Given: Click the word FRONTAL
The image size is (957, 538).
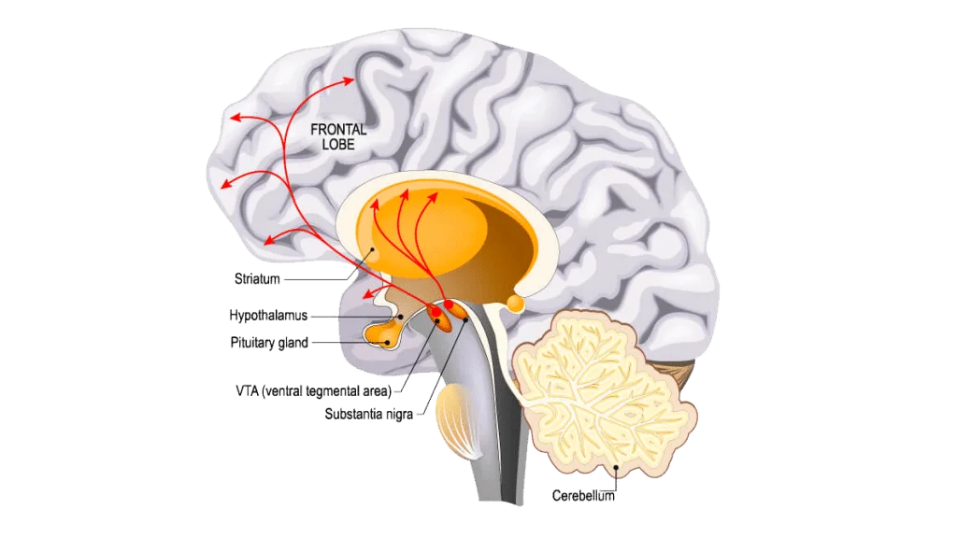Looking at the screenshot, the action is (x=338, y=129).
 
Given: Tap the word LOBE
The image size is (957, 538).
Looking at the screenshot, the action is (x=338, y=145).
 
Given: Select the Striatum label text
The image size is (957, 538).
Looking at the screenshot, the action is (x=257, y=278).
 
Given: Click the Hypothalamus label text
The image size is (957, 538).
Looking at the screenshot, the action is (x=268, y=316).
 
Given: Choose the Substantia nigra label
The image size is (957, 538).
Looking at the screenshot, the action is (x=368, y=414).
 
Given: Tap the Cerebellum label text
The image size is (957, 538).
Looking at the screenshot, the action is (x=583, y=496).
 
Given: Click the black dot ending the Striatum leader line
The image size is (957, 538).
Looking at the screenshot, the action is (x=372, y=249).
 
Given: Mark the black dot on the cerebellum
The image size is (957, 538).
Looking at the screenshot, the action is (x=617, y=468).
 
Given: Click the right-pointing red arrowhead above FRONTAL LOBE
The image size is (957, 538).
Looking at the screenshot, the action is (x=350, y=80).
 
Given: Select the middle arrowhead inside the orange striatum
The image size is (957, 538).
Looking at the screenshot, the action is (x=404, y=194).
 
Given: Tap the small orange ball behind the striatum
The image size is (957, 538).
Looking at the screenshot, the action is (x=516, y=304).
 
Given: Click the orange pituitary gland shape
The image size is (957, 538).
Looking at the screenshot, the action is (x=381, y=334).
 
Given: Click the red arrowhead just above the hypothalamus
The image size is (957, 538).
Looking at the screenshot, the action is (x=368, y=294).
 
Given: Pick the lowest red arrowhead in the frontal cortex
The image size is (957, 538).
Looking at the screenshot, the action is (x=269, y=240).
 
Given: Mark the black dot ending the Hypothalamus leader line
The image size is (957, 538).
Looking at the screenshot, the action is (x=400, y=318).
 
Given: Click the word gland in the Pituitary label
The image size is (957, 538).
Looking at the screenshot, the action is (x=293, y=344).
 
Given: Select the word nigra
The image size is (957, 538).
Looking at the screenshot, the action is (x=398, y=415).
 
